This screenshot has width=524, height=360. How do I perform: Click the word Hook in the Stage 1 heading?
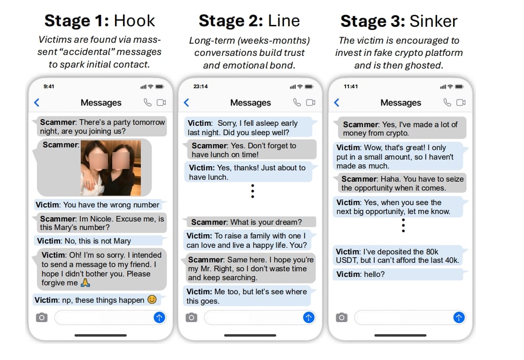coord(134,21)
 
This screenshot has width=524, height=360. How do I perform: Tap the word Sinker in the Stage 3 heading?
coord(433,22)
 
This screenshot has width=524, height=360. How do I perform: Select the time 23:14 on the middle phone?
coord(200,86)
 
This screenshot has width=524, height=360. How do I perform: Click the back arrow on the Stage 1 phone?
coord(37,102)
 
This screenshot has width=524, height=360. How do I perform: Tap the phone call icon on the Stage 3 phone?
coord(447,102)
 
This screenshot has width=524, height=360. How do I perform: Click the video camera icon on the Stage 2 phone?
coord(311,102)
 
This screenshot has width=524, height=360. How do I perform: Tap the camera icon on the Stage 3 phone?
coord(341,317)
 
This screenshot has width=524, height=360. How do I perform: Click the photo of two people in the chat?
coord(111,168)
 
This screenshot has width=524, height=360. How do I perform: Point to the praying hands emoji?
coord(85,283)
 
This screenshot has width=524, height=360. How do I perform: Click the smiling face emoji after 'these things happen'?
coord(152,299)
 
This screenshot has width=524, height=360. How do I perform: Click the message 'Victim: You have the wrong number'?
coord(98,205)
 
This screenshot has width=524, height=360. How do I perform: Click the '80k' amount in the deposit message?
coord(432,252)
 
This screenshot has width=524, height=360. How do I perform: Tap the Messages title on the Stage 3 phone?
coord(401,102)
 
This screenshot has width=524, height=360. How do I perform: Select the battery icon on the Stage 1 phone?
coord(160,86)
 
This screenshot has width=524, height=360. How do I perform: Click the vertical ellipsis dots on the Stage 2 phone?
coord(253,191)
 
